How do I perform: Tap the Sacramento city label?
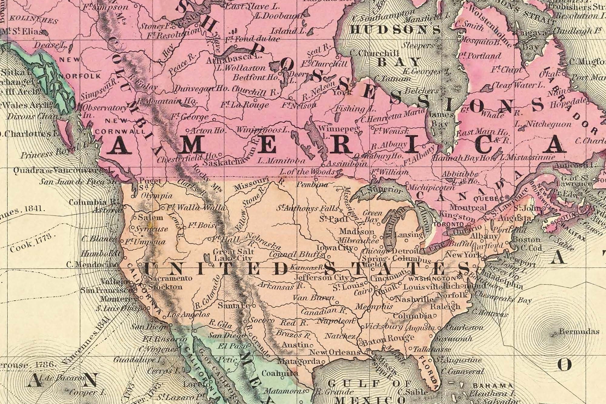point(170,278)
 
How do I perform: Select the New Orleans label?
point(335,352)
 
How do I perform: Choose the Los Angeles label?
point(188,315)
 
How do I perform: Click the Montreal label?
point(468,208)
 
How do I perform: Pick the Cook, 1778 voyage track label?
point(33,243)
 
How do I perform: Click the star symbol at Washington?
point(459,278)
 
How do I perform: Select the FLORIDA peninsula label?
point(428,373)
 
